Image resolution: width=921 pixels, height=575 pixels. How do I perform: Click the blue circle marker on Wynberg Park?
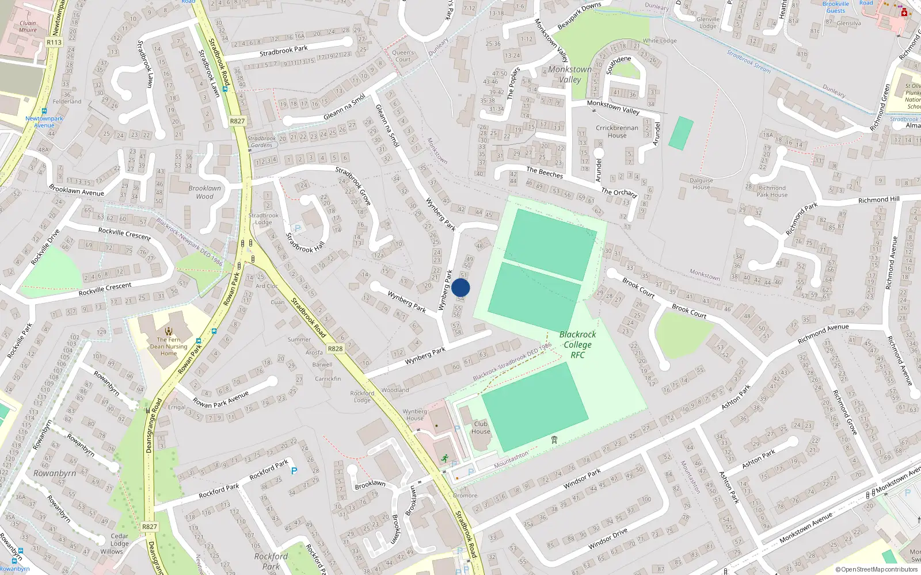pyautogui.click(x=461, y=287)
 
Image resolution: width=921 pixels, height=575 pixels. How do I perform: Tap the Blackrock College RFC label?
pyautogui.click(x=577, y=344)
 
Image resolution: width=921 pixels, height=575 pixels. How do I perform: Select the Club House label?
pyautogui.click(x=481, y=427)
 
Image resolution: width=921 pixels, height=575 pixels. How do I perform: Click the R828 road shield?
pyautogui.click(x=334, y=349)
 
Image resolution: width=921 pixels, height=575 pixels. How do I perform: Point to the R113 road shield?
pyautogui.click(x=54, y=42)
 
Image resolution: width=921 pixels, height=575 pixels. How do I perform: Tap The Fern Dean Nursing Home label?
pyautogui.click(x=169, y=346)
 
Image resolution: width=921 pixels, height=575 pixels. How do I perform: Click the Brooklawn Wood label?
pyautogui.click(x=204, y=192)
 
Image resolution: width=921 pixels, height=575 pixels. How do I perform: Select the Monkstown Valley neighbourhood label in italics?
pyautogui.click(x=570, y=74)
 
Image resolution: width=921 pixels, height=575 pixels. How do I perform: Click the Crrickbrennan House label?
pyautogui.click(x=617, y=132)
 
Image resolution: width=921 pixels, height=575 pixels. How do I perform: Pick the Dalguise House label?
pyautogui.click(x=701, y=183)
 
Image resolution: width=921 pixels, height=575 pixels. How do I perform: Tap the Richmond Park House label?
pyautogui.click(x=772, y=191)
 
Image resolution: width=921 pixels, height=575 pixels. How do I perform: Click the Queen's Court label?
pyautogui.click(x=403, y=56)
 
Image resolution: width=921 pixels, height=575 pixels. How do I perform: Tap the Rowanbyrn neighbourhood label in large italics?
pyautogui.click(x=55, y=473)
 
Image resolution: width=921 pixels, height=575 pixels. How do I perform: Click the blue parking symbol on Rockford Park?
pyautogui.click(x=294, y=471)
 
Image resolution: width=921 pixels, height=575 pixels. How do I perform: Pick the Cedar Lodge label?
pyautogui.click(x=119, y=539)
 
